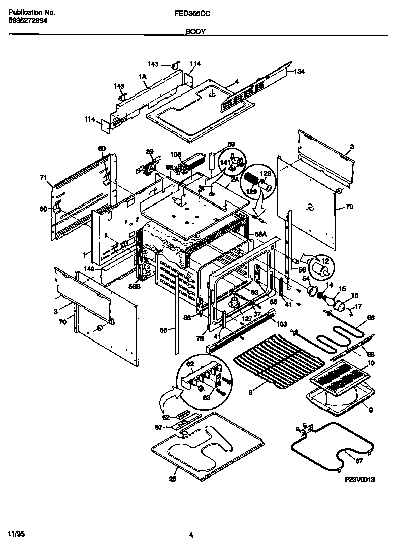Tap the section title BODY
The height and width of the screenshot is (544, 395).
pyautogui.click(x=195, y=31)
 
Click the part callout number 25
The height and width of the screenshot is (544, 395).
pyautogui.click(x=173, y=479)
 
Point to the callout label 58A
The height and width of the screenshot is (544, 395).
pyautogui.click(x=260, y=234)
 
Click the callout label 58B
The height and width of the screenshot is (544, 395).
pyautogui.click(x=134, y=286)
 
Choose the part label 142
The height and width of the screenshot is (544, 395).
pyautogui.click(x=89, y=269)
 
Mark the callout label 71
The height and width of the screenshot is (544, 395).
pyautogui.click(x=43, y=177)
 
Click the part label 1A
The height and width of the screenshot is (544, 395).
pyautogui.click(x=143, y=76)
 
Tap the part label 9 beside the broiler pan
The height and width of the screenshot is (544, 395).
pyautogui.click(x=371, y=411)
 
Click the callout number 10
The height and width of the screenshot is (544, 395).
pyautogui.click(x=371, y=362)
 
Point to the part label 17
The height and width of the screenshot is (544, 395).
pyautogui.click(x=358, y=306)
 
